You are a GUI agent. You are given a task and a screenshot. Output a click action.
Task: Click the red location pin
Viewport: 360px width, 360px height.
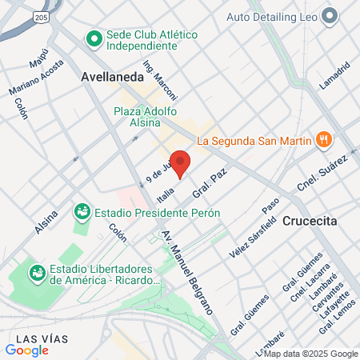point(181,162)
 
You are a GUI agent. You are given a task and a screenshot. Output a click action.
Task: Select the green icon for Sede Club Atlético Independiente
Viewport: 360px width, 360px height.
point(94,38)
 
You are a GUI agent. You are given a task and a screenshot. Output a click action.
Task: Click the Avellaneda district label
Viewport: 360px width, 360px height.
point(112,77)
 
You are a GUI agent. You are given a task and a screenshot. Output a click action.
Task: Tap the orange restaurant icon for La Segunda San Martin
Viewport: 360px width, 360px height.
point(323,141)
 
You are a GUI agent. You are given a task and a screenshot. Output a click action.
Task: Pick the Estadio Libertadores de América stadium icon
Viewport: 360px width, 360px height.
point(37,274)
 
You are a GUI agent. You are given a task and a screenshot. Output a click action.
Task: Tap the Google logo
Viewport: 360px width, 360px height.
point(26,350)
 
